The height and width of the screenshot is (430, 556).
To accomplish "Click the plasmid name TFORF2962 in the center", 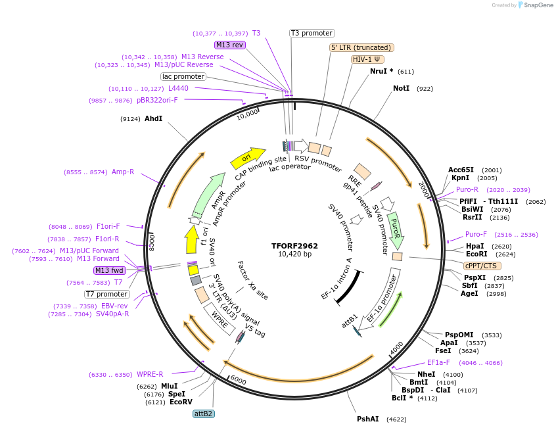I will [294, 246].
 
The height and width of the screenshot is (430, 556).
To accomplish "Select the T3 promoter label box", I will [312, 33].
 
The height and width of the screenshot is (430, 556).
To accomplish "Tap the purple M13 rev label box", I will [229, 45].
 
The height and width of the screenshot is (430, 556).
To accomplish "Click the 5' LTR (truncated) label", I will [361, 47].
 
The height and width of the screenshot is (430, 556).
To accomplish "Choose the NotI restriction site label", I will [401, 88].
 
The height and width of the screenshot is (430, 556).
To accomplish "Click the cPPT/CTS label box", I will [482, 266].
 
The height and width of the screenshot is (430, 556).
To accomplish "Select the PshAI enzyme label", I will [367, 419].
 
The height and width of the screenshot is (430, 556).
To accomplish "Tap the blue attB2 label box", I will [203, 414].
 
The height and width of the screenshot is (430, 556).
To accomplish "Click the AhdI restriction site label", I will [153, 118].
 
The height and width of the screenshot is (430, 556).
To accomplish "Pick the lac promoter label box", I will [183, 76].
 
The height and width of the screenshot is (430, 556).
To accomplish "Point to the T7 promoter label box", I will [107, 294].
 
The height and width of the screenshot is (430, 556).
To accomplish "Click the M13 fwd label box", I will [109, 270].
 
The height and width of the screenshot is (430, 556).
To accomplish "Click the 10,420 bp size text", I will [294, 254].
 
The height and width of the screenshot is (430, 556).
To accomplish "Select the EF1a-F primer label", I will [438, 362].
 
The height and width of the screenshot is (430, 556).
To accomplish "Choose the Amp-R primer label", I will [122, 172].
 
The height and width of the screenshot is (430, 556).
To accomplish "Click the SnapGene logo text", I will [536, 5].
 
